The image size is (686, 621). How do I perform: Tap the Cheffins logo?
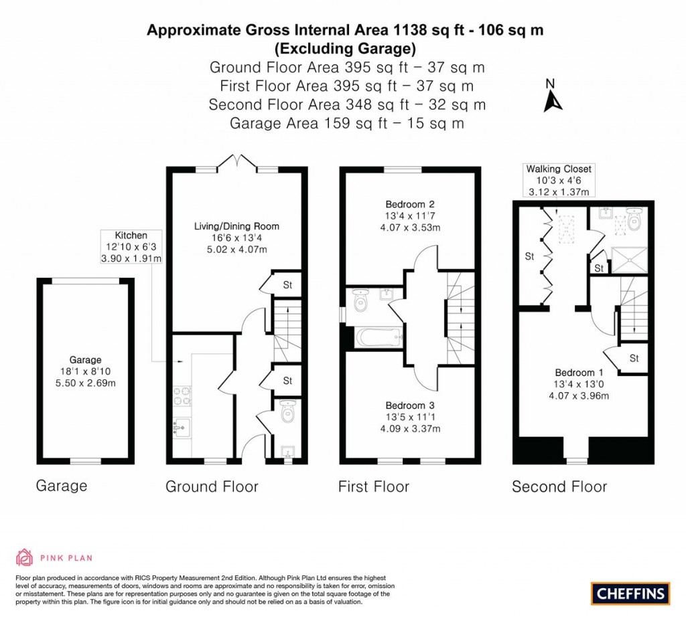630,593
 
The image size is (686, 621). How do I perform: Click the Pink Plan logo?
54,557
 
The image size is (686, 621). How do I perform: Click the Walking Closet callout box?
559,181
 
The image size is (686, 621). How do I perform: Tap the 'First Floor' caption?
374,486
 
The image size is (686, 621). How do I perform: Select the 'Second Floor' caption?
559,486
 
